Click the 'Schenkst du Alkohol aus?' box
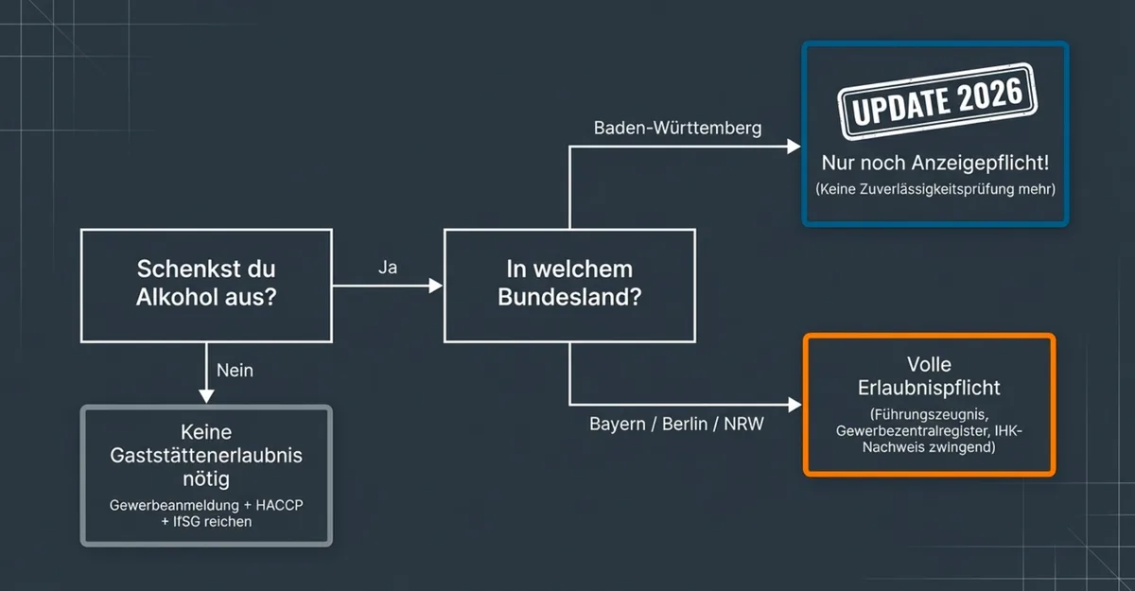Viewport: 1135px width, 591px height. pyautogui.click(x=206, y=284)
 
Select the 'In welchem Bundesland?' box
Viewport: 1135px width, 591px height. pyautogui.click(x=569, y=284)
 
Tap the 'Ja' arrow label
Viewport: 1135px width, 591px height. pyautogui.click(x=388, y=268)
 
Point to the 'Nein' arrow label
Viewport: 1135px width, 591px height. pyautogui.click(x=235, y=370)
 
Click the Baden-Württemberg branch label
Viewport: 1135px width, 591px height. pyautogui.click(x=677, y=128)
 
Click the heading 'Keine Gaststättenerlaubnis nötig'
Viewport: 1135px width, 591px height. pyautogui.click(x=207, y=455)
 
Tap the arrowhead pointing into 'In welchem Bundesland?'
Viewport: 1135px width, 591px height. pyautogui.click(x=436, y=285)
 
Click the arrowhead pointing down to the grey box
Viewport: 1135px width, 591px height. pyautogui.click(x=207, y=397)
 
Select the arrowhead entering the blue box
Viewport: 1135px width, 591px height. pyautogui.click(x=794, y=147)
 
